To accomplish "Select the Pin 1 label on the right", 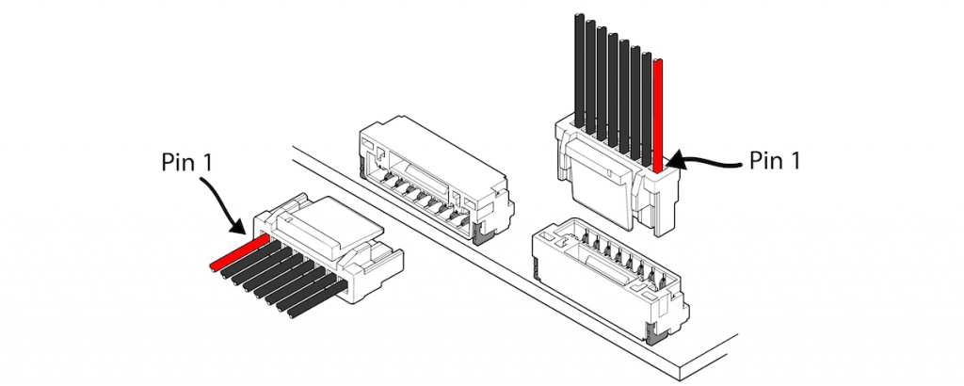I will (775, 160).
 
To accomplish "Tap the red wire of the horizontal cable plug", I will (235, 253).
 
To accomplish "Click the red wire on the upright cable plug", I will (658, 113).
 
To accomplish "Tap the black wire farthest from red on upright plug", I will (578, 71).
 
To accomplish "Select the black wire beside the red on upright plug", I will (647, 94).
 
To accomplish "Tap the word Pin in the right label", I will (762, 160).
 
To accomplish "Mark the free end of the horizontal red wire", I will (214, 265).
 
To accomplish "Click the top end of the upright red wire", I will (658, 63).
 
